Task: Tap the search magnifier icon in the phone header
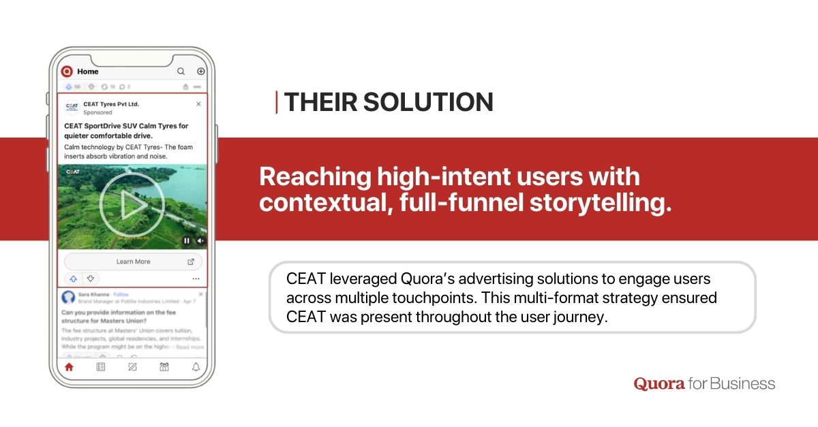181,71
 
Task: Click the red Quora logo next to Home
67,71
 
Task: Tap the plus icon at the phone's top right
200,71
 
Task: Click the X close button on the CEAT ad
198,104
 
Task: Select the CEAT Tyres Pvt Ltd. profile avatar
72,108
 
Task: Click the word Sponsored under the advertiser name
97,112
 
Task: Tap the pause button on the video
187,240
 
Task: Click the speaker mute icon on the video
200,240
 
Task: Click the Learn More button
133,262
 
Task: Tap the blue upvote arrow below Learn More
73,279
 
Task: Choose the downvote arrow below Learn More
90,279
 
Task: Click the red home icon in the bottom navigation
68,367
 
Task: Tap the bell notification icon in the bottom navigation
196,367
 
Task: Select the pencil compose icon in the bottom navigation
132,367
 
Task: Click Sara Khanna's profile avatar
68,297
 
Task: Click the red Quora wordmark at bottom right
659,383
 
